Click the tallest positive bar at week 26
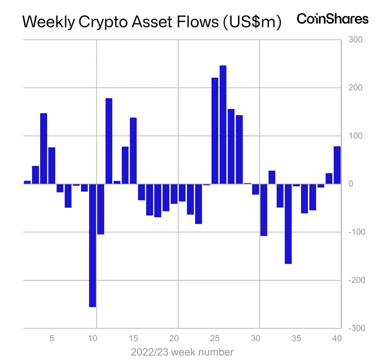[223, 124]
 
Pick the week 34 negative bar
[288, 224]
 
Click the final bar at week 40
[337, 165]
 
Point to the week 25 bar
[215, 131]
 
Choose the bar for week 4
[43, 148]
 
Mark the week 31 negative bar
[264, 209]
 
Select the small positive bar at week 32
[272, 177]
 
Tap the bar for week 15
[133, 151]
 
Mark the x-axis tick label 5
[51, 339]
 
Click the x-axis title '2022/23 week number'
[182, 352]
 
